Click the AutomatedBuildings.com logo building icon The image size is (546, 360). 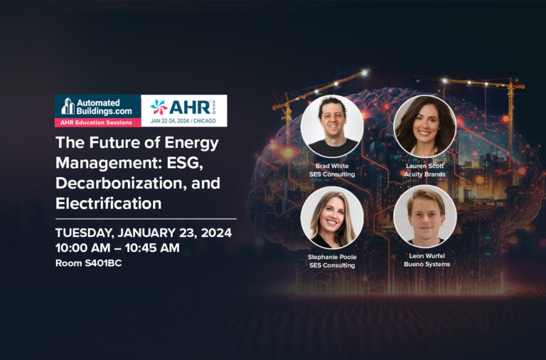[x=68, y=106]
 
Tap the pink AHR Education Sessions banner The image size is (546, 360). [x=98, y=122]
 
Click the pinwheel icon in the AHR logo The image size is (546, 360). [x=159, y=107]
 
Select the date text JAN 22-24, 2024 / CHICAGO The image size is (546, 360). [x=183, y=121]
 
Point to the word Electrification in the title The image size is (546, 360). [x=109, y=203]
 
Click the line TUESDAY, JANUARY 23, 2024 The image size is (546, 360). [x=144, y=233]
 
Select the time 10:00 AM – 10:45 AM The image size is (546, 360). [x=118, y=248]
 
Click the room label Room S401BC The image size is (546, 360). [x=88, y=263]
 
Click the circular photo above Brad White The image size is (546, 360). [x=332, y=126]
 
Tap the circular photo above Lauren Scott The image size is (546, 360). [x=425, y=126]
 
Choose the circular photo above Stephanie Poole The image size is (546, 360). [x=332, y=218]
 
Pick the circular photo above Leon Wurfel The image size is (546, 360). [x=425, y=217]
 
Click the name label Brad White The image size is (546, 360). [x=332, y=166]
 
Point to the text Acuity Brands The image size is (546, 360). [x=425, y=174]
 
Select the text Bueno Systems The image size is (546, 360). [x=427, y=264]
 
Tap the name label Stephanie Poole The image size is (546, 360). [x=332, y=257]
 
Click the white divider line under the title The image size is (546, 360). [x=146, y=219]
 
